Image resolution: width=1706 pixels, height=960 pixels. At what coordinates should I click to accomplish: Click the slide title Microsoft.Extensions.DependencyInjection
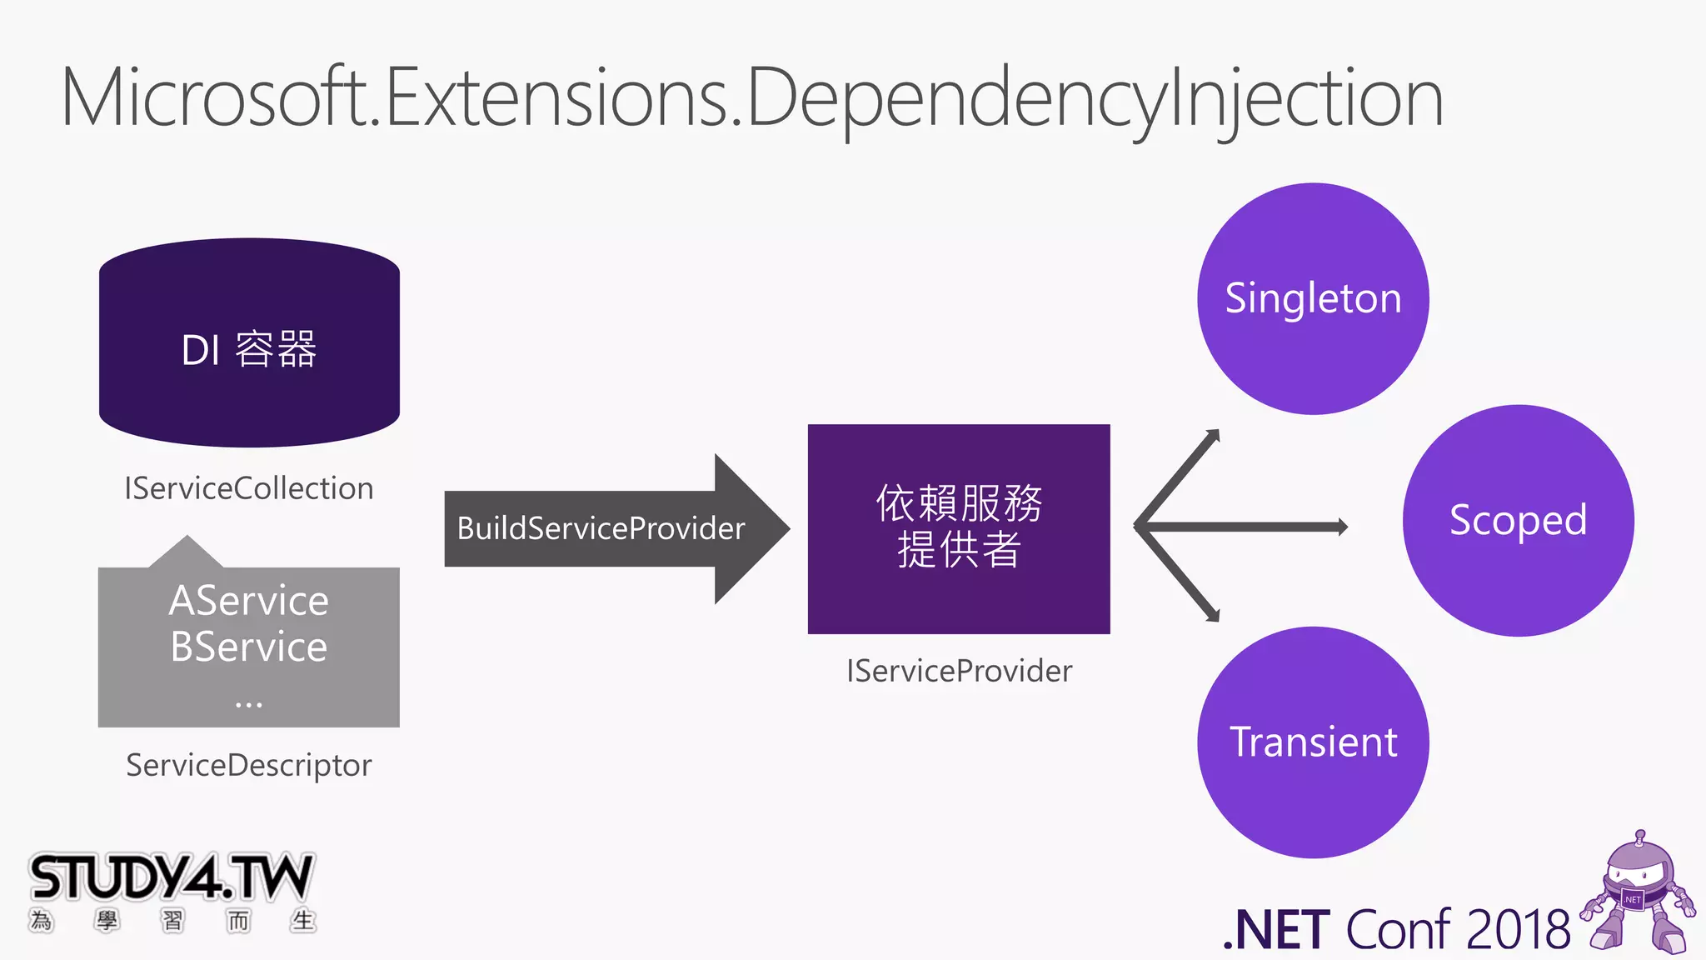tap(752, 98)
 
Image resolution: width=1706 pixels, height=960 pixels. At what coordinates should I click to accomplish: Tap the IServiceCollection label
tap(248, 488)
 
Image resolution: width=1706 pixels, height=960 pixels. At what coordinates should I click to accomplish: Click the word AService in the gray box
tap(248, 601)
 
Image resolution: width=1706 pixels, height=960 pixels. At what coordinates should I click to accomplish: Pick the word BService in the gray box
tap(248, 647)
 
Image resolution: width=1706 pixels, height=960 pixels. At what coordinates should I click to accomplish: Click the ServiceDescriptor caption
tap(248, 765)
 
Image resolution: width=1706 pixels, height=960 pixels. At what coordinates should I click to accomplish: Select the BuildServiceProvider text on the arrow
tap(601, 528)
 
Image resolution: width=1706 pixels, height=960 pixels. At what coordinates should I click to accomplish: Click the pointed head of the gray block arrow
tap(754, 528)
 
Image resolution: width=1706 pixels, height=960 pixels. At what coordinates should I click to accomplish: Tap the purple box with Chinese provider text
tap(959, 528)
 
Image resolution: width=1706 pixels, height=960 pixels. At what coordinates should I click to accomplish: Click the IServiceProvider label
tap(959, 671)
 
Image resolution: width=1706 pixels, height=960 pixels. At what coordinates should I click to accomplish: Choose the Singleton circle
tap(1313, 298)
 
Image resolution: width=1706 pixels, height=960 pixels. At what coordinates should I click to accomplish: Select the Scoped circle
tap(1518, 520)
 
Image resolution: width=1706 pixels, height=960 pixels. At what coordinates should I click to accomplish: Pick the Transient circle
tap(1313, 742)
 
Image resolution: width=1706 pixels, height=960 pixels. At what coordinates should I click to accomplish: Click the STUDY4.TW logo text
tap(171, 877)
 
